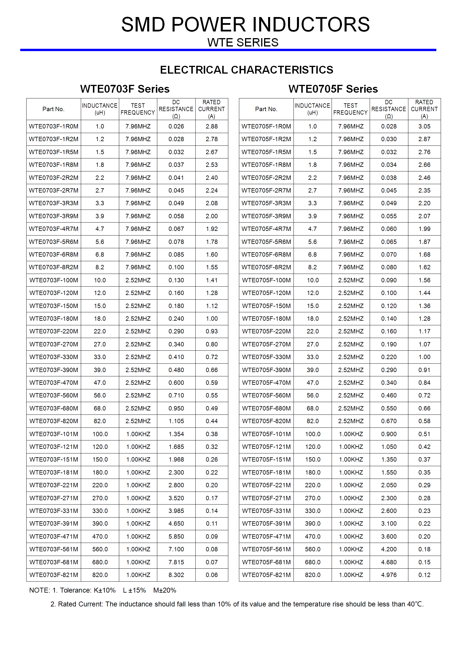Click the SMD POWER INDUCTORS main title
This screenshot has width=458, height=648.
[x=245, y=25]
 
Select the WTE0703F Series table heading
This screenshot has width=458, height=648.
[x=125, y=89]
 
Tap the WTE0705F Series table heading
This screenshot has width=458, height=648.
[x=333, y=89]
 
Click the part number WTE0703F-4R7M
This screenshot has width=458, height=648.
[x=54, y=229]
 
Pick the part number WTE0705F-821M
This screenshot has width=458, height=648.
[x=266, y=575]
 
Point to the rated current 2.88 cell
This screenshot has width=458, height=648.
[x=212, y=126]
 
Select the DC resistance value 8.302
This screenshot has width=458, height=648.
[x=176, y=575]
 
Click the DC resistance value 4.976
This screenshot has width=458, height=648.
[x=389, y=575]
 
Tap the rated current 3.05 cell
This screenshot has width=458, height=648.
[x=424, y=126]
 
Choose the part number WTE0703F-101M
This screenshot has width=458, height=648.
[x=54, y=434]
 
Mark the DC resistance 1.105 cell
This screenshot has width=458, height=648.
[x=176, y=421]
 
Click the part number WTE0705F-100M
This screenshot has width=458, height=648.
[x=266, y=280]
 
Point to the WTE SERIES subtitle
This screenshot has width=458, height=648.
[x=243, y=43]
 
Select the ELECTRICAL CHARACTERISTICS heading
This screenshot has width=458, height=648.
[x=246, y=70]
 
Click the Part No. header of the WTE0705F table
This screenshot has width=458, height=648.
[x=266, y=109]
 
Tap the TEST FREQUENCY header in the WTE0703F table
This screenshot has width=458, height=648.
[x=138, y=109]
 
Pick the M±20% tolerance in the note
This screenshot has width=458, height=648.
[x=164, y=590]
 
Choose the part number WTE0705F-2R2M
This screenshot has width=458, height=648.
[x=266, y=178]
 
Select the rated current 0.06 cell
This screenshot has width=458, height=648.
[x=212, y=575]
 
